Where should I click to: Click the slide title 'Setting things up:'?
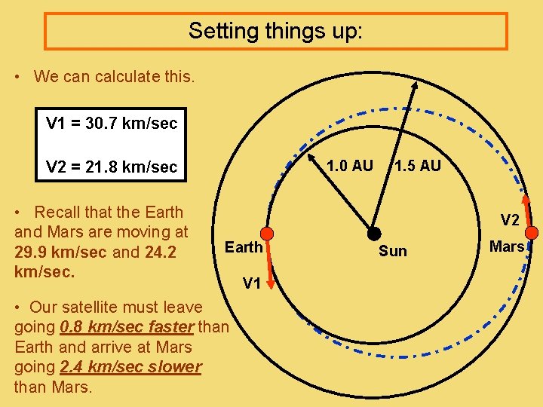click(275, 31)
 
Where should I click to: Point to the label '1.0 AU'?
click(349, 166)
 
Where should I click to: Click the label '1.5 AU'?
click(417, 166)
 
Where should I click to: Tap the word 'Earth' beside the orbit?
click(244, 247)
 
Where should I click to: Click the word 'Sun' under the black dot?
click(392, 251)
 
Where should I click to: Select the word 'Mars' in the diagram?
click(506, 246)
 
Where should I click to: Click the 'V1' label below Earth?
click(251, 283)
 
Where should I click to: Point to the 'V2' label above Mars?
click(510, 220)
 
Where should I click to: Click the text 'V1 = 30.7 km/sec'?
click(112, 123)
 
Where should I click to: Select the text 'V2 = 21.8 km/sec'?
click(112, 167)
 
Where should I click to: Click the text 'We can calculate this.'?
click(114, 76)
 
